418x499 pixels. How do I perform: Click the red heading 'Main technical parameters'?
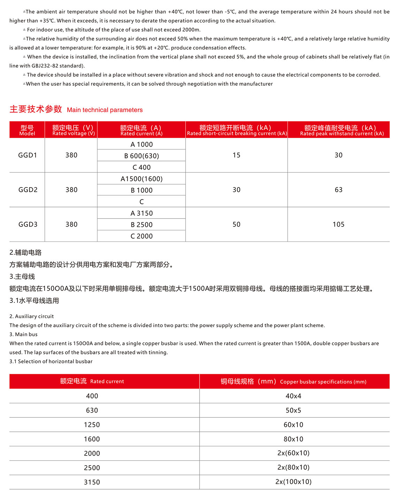[x=104, y=110]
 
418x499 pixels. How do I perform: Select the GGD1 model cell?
[x=28, y=155]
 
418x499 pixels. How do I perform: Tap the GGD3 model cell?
[x=28, y=224]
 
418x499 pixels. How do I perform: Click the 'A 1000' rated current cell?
[x=141, y=144]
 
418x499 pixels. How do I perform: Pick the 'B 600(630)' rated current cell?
[x=141, y=156]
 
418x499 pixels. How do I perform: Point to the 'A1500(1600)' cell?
[x=141, y=179]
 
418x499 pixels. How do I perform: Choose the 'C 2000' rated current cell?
[x=141, y=236]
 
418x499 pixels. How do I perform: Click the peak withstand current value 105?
[x=338, y=224]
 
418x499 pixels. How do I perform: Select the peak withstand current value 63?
[x=338, y=190]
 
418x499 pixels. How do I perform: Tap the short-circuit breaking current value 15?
[x=237, y=155]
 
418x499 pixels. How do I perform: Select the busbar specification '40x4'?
[x=293, y=396]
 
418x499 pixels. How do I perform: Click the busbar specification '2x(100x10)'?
[x=293, y=482]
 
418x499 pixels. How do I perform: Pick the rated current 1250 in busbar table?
[x=92, y=425]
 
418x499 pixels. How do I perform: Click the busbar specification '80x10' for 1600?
[x=293, y=439]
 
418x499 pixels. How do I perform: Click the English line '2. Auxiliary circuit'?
[x=32, y=316]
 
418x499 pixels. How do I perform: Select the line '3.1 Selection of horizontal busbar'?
[x=51, y=361]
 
